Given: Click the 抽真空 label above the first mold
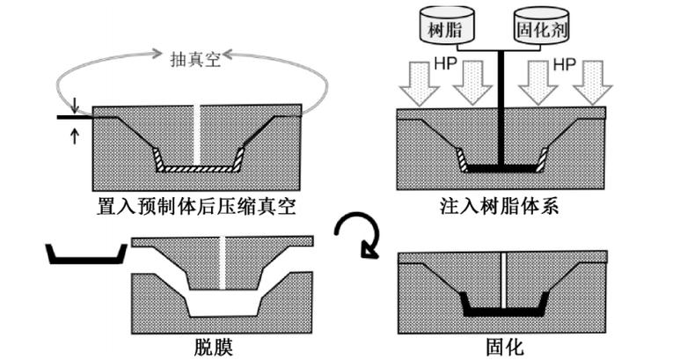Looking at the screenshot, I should click(x=194, y=59).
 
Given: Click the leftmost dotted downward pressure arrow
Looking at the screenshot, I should click(x=416, y=85).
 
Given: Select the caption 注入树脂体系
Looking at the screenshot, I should click(x=501, y=208).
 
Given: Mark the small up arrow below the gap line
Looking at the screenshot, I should click(x=75, y=132).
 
